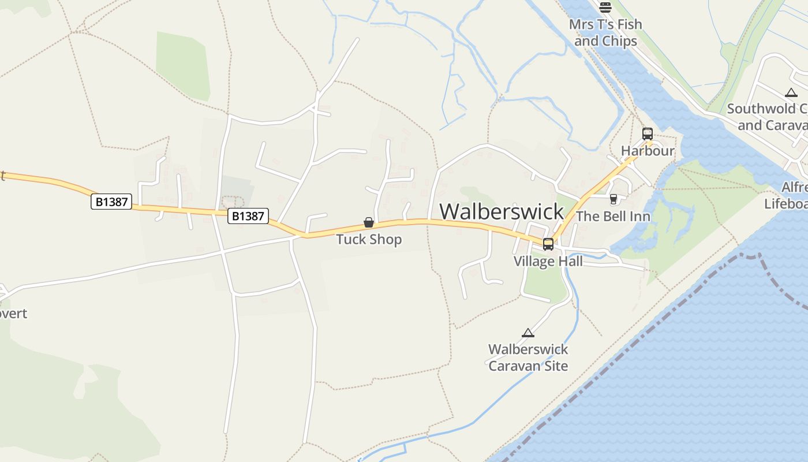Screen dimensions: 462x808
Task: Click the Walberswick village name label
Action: click(x=502, y=211)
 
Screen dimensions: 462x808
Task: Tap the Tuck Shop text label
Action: click(x=369, y=239)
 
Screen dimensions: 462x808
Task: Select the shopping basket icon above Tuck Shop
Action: click(x=369, y=222)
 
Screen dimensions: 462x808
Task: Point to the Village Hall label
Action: click(x=548, y=261)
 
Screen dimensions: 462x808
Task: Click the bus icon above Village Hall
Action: click(x=548, y=244)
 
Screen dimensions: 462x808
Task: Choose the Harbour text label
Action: click(x=648, y=151)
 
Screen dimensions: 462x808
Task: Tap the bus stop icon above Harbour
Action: click(x=648, y=134)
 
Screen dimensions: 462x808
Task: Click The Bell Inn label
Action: click(x=613, y=217)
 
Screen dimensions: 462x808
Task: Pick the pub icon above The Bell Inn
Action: click(x=613, y=199)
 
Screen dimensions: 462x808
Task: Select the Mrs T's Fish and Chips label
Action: click(x=605, y=32)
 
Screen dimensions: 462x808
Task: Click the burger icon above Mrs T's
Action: click(x=605, y=8)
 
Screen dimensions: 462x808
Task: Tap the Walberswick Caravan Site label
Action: click(x=528, y=357)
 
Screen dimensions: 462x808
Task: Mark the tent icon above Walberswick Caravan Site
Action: click(x=528, y=333)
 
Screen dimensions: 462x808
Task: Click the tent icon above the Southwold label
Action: click(x=791, y=92)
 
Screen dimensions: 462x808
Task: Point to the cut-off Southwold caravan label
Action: click(x=767, y=117)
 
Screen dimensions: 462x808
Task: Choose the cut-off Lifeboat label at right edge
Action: click(x=786, y=196)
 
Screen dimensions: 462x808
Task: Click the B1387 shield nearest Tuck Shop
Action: click(x=249, y=216)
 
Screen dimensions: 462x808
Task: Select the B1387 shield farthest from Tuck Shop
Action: click(x=111, y=202)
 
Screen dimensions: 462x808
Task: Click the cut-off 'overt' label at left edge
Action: click(x=13, y=314)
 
